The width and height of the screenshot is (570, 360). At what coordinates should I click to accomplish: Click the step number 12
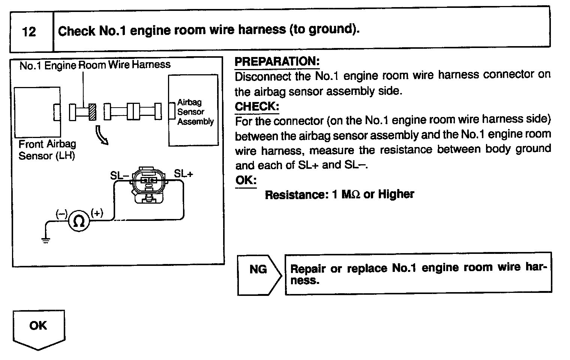[29, 31]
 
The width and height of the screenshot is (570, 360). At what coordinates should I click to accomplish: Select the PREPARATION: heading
[277, 61]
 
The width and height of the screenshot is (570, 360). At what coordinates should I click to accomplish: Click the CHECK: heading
[257, 106]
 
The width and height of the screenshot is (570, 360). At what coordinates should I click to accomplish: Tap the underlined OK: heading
[246, 180]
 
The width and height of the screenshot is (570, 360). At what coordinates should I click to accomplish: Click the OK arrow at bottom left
[39, 328]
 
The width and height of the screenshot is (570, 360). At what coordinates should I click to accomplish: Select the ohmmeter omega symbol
[79, 222]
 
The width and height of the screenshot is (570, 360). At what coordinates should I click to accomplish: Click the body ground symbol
[46, 240]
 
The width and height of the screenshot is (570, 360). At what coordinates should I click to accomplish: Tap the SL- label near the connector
[120, 175]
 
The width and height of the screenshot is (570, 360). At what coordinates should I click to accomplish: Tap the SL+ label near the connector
[183, 174]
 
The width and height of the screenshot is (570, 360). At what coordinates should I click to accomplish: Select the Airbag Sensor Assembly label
[195, 112]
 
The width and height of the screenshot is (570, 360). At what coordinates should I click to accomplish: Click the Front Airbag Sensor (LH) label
[47, 150]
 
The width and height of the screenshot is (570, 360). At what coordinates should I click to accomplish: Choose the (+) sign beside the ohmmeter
[97, 213]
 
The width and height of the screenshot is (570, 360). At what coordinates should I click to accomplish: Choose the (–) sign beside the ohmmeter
[61, 214]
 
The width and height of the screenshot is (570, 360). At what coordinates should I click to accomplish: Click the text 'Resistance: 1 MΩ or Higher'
[339, 195]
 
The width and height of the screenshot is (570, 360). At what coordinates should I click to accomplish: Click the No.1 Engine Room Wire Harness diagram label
[95, 65]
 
